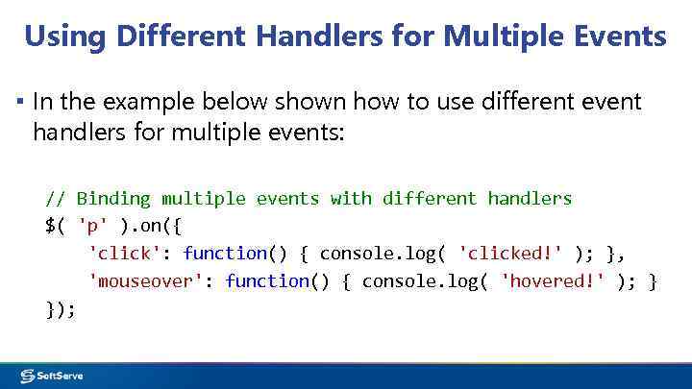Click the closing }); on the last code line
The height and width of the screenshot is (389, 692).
pyautogui.click(x=61, y=309)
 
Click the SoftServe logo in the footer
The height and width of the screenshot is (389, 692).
pyautogui.click(x=52, y=376)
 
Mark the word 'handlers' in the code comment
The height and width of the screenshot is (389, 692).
pyautogui.click(x=530, y=199)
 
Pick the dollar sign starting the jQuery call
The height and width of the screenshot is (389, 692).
pyautogui.click(x=50, y=227)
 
